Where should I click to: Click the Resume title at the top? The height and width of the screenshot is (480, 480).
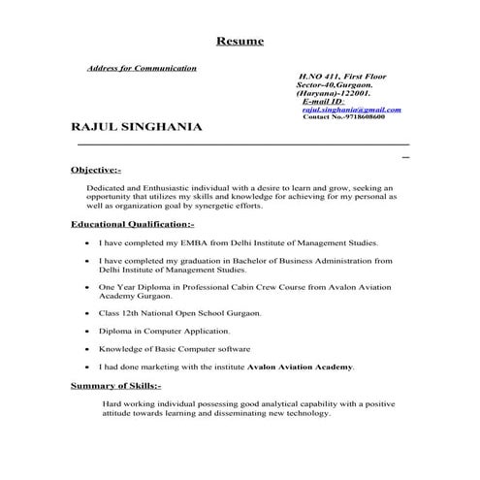pyautogui.click(x=239, y=42)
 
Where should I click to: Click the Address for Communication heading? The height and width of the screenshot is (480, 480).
pyautogui.click(x=142, y=69)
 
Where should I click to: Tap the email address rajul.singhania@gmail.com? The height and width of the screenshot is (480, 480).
pyautogui.click(x=350, y=110)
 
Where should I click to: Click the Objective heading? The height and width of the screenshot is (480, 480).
pyautogui.click(x=96, y=170)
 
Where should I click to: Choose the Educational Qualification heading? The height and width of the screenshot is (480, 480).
pyautogui.click(x=133, y=224)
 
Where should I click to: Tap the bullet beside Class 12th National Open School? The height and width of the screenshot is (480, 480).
pyautogui.click(x=88, y=315)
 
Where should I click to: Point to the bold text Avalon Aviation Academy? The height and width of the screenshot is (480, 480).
pyautogui.click(x=302, y=368)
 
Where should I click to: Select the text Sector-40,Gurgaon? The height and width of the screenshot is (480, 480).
pyautogui.click(x=333, y=84)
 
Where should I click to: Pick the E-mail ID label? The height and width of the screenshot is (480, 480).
pyautogui.click(x=324, y=101)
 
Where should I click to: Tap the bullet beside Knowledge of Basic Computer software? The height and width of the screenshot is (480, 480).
pyautogui.click(x=88, y=349)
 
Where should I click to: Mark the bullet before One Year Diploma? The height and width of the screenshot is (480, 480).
pyautogui.click(x=88, y=288)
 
